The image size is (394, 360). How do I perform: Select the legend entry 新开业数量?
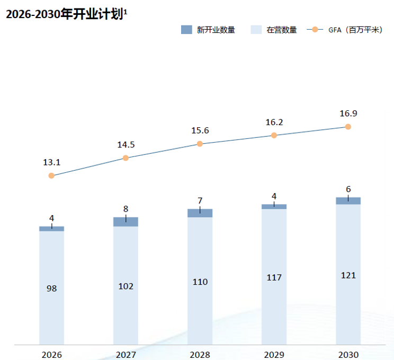(208, 30)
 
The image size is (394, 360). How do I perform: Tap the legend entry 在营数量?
(274, 30)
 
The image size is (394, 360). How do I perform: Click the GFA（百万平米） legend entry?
(345, 30)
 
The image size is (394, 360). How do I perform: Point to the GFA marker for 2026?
(51, 175)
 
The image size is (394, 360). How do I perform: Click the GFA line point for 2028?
(200, 144)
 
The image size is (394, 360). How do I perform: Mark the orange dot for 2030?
(348, 127)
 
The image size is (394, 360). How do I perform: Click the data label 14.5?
(126, 145)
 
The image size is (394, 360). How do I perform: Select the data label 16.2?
(274, 122)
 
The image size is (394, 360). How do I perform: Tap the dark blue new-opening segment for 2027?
(126, 222)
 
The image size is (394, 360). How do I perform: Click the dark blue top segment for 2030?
(348, 201)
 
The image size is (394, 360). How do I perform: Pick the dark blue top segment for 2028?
(200, 213)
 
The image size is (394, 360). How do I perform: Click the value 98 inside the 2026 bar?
(51, 288)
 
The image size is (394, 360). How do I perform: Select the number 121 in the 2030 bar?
(348, 275)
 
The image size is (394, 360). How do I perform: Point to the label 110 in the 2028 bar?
(200, 282)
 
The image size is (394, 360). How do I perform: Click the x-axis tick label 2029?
(274, 355)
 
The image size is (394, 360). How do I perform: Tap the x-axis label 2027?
(126, 355)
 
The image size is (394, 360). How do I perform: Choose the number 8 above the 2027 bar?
(126, 209)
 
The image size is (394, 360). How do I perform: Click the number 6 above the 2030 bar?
(348, 189)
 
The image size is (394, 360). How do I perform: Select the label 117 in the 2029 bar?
(274, 277)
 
